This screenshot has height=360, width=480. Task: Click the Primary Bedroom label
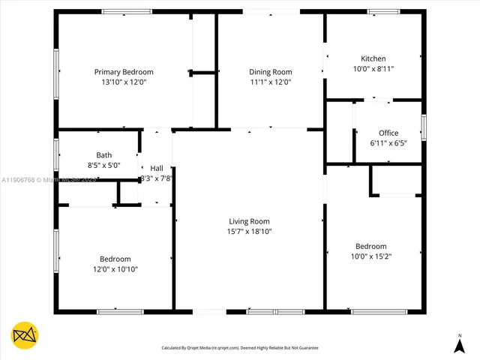tap(124, 72)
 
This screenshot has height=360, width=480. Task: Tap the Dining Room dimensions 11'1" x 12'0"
tap(270, 82)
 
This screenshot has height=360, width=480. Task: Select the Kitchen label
tap(373, 58)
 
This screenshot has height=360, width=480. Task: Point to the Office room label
tap(388, 133)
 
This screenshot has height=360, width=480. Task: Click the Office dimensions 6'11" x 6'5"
tap(388, 142)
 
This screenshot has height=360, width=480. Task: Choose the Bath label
tap(103, 155)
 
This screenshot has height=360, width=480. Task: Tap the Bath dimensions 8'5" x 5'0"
tap(103, 165)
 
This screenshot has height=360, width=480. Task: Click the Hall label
tap(156, 168)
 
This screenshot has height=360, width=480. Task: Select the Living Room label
tap(249, 221)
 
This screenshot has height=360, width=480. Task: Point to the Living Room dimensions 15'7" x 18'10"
tap(249, 232)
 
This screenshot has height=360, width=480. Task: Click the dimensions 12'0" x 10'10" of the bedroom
tap(115, 268)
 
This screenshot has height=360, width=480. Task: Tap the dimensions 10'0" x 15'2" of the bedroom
tap(371, 256)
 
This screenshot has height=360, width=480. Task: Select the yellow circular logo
tap(24, 335)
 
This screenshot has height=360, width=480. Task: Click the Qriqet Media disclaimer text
tap(240, 348)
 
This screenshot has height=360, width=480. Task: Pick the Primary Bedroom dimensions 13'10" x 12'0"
tap(124, 82)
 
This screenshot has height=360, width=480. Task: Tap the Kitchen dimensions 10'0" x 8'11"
tap(373, 68)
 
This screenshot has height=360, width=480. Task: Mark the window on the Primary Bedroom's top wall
tap(126, 11)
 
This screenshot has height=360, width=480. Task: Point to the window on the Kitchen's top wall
tap(383, 11)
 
